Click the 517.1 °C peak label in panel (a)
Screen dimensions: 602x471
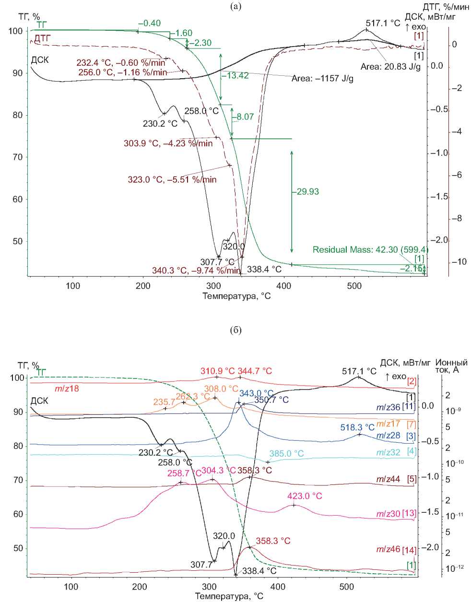coord(383,23)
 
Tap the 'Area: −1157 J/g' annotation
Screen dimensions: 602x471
coord(322,78)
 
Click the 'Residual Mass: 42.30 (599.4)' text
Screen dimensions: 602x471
coord(370,250)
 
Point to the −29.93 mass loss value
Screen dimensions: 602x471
coord(306,192)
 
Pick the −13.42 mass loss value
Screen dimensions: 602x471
coord(235,76)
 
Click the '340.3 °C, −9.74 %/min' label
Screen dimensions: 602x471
coord(196,270)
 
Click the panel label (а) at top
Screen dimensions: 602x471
coord(235,6)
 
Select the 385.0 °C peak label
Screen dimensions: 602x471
coord(286,453)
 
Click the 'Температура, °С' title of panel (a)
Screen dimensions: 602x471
coord(236,296)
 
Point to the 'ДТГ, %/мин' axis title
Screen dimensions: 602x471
coord(442,7)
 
